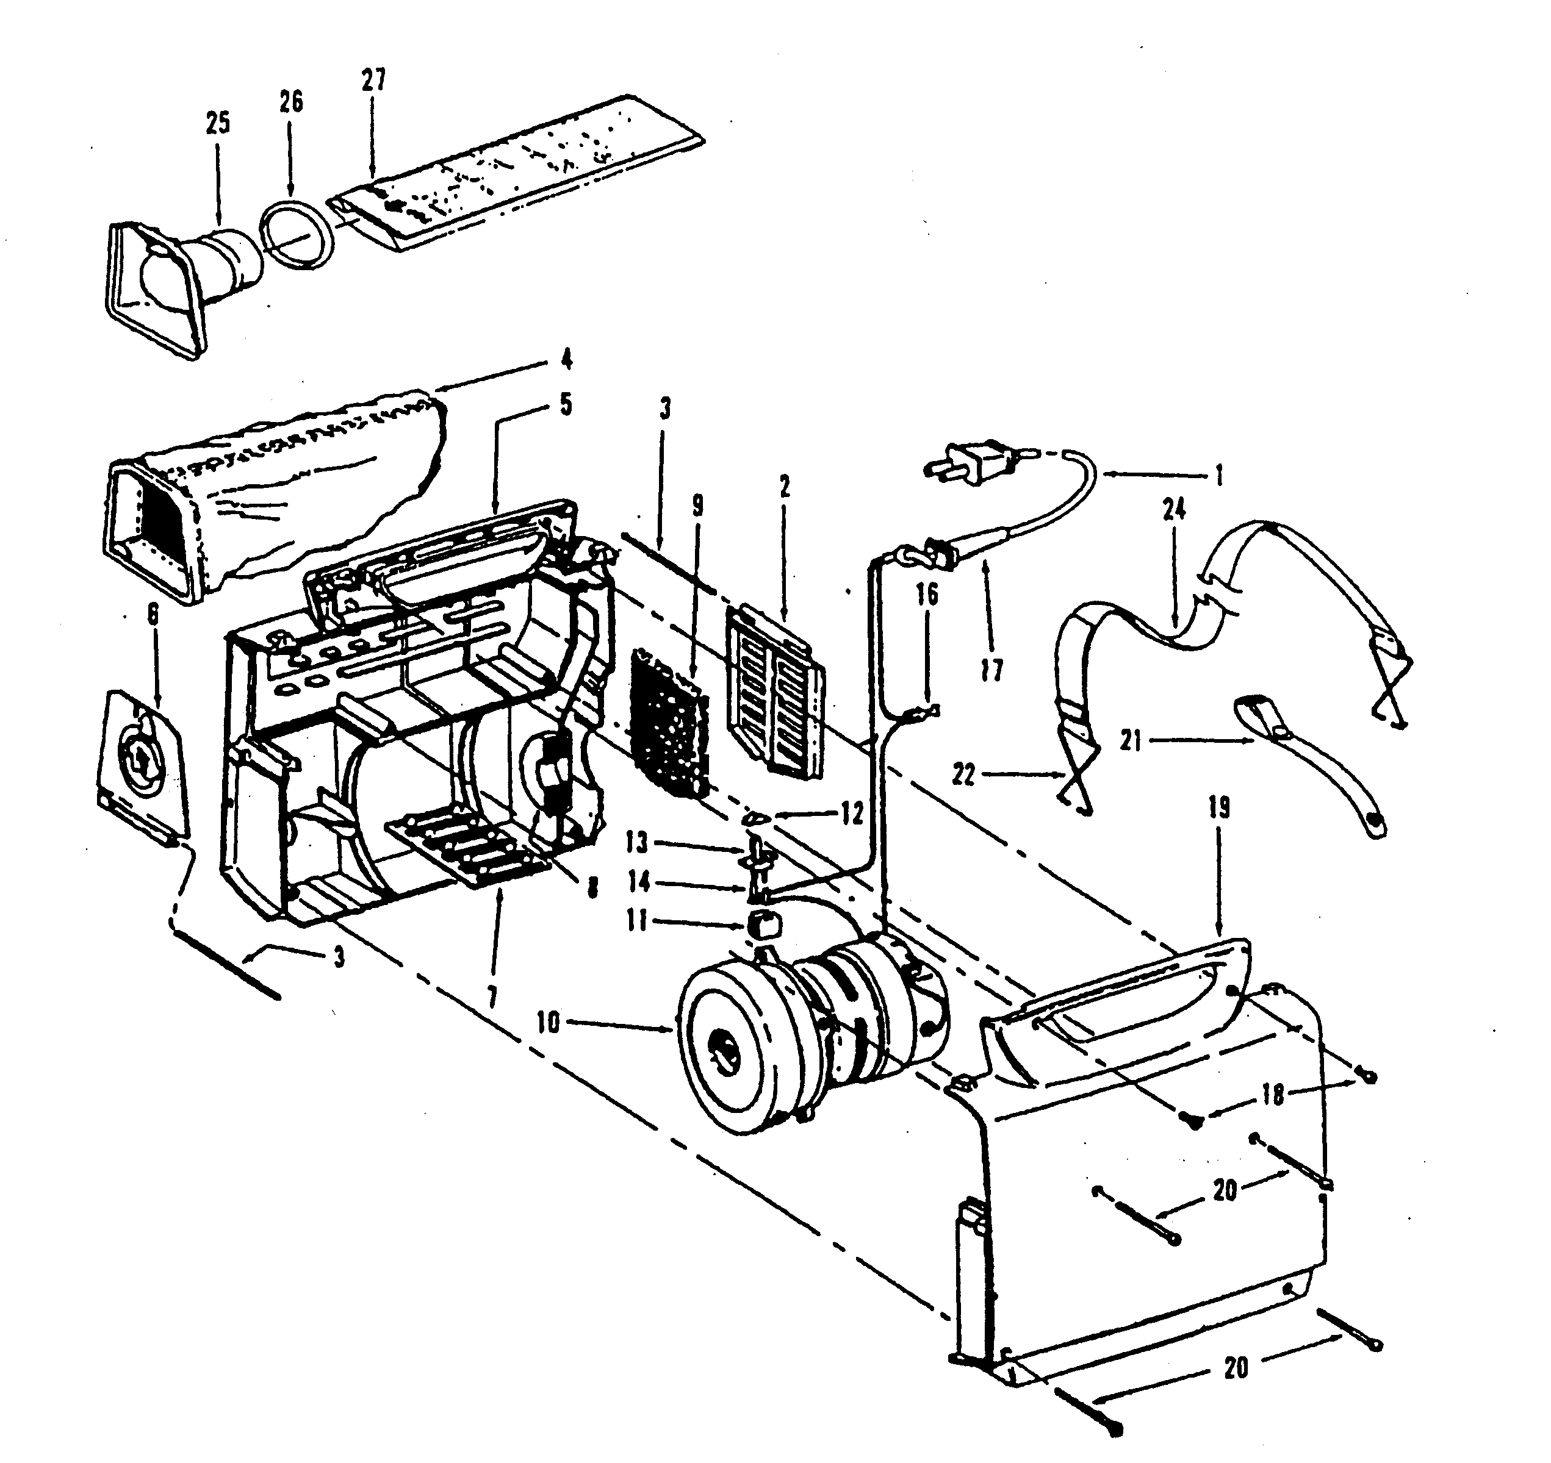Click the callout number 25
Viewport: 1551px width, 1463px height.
pos(218,123)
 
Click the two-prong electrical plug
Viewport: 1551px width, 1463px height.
pos(971,462)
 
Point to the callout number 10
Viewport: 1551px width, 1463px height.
pos(549,1022)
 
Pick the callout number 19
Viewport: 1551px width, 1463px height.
pos(1220,808)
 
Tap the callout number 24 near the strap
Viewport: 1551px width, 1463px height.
pos(1173,509)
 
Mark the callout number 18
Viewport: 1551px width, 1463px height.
pos(1273,1095)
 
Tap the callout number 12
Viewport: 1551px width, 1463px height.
pos(852,814)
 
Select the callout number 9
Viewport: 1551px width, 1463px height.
pos(697,506)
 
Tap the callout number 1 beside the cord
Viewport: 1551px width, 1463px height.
pos(1218,475)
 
